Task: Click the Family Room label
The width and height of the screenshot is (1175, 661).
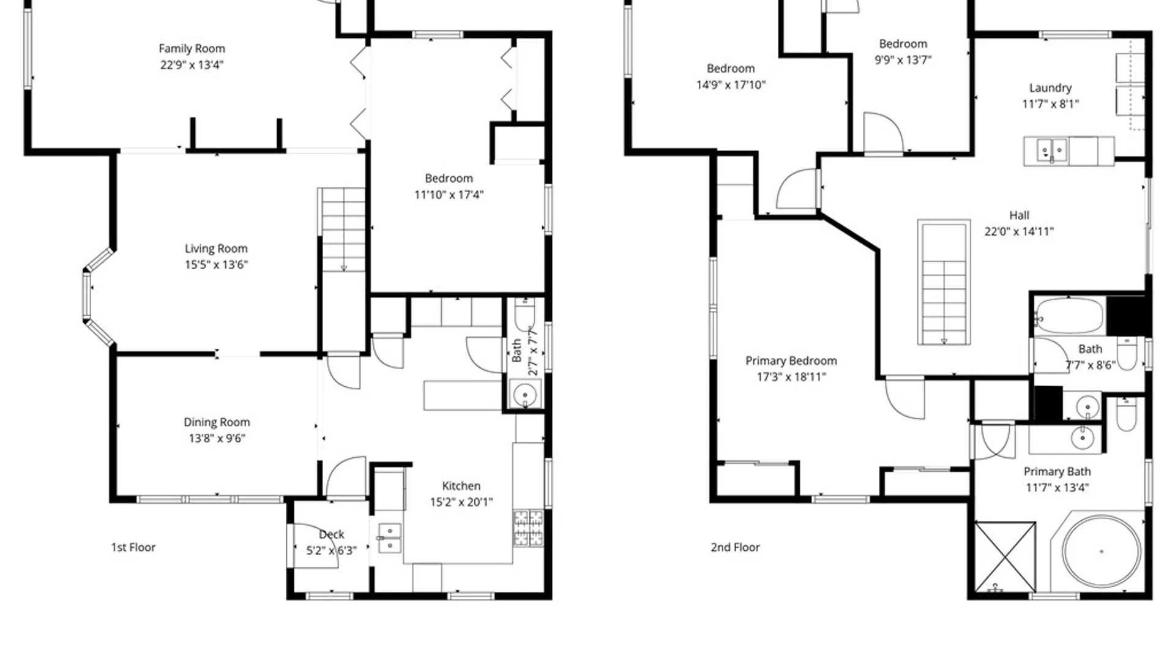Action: [192, 48]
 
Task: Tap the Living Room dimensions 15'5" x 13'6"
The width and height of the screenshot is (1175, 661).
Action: [216, 264]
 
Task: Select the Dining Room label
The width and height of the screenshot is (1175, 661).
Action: [217, 422]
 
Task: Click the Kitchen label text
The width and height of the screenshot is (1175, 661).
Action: [461, 486]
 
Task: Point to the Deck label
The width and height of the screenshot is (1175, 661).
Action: [332, 534]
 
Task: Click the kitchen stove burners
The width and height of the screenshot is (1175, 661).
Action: [528, 528]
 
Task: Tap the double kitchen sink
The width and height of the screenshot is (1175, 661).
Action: [389, 538]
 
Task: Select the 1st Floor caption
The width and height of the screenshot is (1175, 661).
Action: [133, 547]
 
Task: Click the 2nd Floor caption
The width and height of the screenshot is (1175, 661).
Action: [735, 547]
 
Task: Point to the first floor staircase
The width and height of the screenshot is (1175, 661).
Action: [343, 230]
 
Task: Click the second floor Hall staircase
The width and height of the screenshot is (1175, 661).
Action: [944, 283]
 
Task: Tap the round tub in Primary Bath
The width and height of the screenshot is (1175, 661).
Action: [1102, 551]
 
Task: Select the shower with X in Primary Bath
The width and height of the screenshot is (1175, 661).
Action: [1005, 556]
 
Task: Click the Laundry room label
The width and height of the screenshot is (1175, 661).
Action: [1050, 88]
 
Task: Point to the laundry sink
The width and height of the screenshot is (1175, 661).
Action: [1052, 150]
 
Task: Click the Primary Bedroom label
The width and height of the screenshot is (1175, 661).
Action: [791, 361]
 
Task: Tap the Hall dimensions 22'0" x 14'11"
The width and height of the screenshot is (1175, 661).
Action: [1019, 231]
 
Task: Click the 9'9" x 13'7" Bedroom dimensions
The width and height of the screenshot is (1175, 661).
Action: [903, 60]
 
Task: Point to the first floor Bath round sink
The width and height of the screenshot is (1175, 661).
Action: [524, 395]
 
